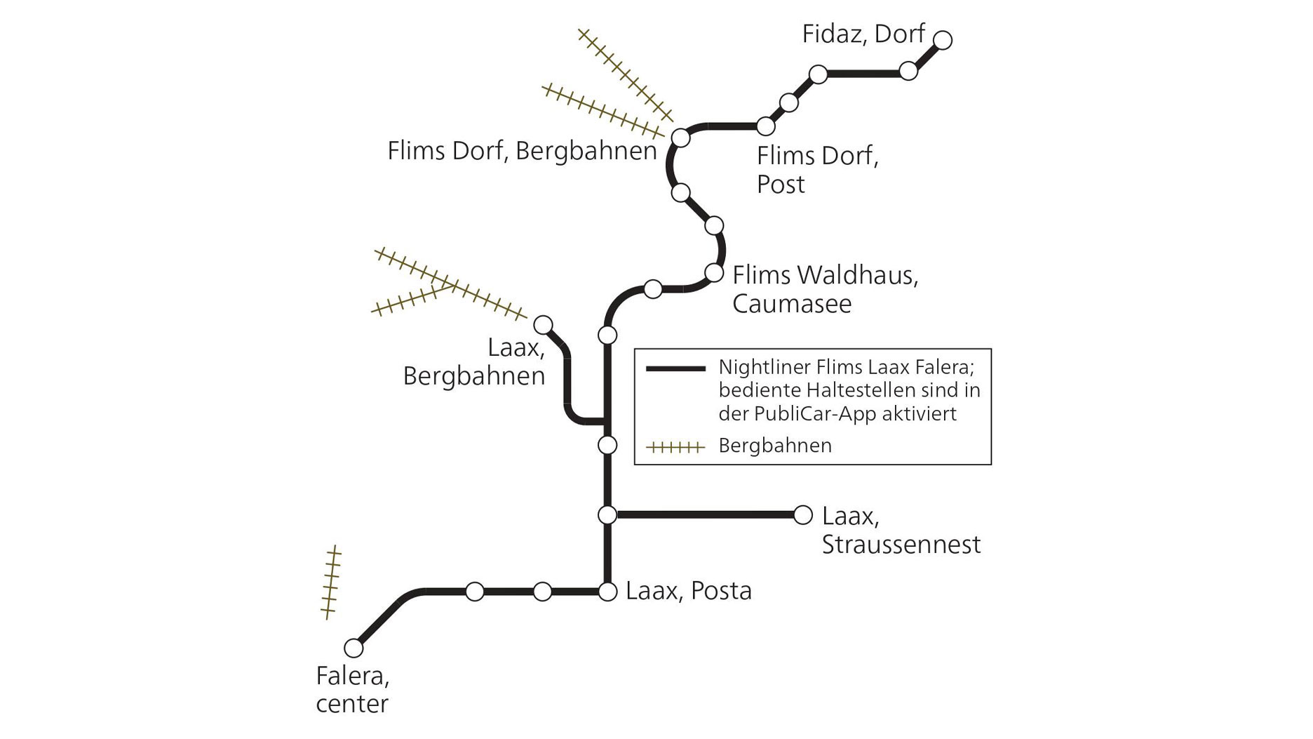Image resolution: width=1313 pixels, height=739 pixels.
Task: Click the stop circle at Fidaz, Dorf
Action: click(943, 40)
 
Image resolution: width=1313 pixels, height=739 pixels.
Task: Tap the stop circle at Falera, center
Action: click(353, 647)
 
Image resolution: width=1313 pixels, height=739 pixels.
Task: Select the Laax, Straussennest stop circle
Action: click(802, 514)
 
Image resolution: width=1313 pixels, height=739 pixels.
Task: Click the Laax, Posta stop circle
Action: click(607, 592)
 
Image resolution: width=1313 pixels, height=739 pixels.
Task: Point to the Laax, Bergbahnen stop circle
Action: click(544, 325)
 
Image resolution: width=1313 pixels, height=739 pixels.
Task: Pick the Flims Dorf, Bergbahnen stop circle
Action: click(680, 138)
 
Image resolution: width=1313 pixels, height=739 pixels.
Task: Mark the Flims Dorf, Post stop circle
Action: click(766, 126)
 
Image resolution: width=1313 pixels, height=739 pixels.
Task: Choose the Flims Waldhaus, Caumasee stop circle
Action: click(714, 272)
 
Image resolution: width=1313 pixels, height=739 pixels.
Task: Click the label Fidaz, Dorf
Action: click(863, 34)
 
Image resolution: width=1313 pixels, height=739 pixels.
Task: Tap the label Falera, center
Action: click(352, 690)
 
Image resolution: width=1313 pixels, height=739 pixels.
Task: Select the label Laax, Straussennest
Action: click(901, 531)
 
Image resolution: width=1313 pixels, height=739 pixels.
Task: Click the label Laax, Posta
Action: click(688, 591)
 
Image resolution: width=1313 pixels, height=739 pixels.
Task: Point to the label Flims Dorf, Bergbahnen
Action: click(522, 151)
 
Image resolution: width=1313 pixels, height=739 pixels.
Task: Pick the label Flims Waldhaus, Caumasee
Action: click(825, 289)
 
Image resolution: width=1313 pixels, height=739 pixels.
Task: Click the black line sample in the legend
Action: click(675, 368)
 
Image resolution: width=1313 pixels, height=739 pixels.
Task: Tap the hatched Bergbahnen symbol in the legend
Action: click(675, 446)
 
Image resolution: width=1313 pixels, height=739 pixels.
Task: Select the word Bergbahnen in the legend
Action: click(775, 446)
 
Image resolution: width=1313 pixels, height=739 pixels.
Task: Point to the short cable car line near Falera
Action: click(330, 582)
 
